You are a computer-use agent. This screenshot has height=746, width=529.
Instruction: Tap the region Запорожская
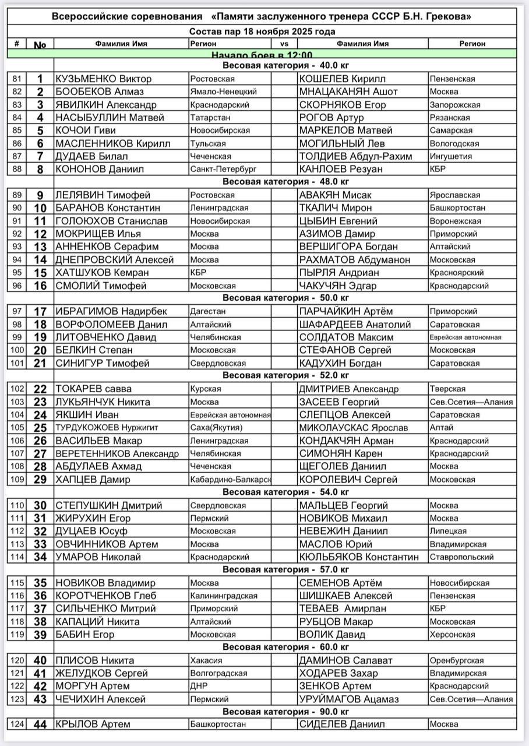pos(454,105)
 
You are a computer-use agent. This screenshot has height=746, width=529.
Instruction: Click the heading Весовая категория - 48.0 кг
pos(285,182)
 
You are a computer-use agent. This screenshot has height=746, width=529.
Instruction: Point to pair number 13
pos(40,247)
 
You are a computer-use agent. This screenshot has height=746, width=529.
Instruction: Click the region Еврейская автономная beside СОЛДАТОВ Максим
pos(465,337)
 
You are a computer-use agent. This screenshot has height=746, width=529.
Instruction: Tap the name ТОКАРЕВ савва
pos(93,389)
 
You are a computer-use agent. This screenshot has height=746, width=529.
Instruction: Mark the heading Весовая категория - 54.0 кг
pos(285,492)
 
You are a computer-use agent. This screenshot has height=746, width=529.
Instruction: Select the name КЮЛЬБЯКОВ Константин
pos(359,557)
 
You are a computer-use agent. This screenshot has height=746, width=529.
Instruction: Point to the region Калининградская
pos(224,596)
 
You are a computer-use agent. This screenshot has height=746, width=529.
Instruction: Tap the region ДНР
pos(198,686)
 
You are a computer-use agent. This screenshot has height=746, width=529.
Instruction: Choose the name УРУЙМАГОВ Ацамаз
pos(348,699)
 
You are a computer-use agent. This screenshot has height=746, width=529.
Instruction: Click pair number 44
pos(40,724)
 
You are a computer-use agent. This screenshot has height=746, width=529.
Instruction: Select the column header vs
pos(284,44)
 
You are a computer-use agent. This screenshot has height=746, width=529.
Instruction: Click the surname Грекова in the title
pos(446,17)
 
